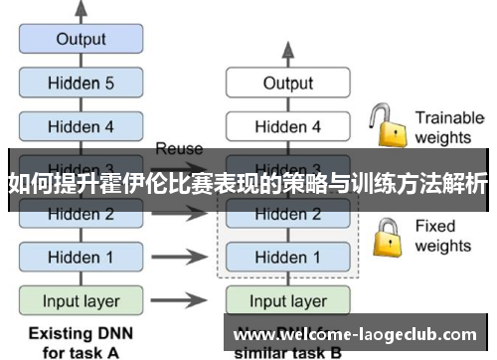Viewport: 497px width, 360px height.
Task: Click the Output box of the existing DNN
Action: click(81, 40)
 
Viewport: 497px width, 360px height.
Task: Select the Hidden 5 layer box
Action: click(81, 84)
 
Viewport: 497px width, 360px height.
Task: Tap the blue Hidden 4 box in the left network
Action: click(81, 126)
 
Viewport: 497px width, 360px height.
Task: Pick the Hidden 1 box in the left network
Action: click(81, 257)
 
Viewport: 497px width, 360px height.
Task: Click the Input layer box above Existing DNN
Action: click(81, 300)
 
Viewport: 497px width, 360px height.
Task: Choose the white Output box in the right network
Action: click(287, 84)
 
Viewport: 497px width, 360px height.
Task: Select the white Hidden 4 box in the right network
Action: click(287, 126)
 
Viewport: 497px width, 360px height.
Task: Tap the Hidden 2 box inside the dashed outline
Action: click(287, 214)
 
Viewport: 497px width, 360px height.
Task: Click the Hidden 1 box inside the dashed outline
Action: click(287, 257)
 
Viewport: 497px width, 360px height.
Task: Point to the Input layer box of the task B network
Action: click(287, 300)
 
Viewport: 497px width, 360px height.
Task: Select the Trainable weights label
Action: click(448, 126)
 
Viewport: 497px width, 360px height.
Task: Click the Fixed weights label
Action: click(443, 236)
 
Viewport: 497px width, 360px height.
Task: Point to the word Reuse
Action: click(179, 148)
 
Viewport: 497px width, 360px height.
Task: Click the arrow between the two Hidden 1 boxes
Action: click(179, 257)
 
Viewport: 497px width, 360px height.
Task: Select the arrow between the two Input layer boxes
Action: click(179, 300)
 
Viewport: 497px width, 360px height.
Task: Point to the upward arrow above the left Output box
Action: click(81, 10)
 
